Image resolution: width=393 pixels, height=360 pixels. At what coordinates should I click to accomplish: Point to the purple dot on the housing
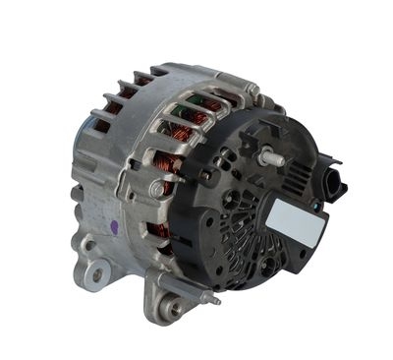115,227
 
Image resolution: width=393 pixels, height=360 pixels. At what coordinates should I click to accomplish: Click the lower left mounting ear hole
95,272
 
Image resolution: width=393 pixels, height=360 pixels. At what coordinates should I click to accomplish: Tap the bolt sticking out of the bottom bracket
207,296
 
